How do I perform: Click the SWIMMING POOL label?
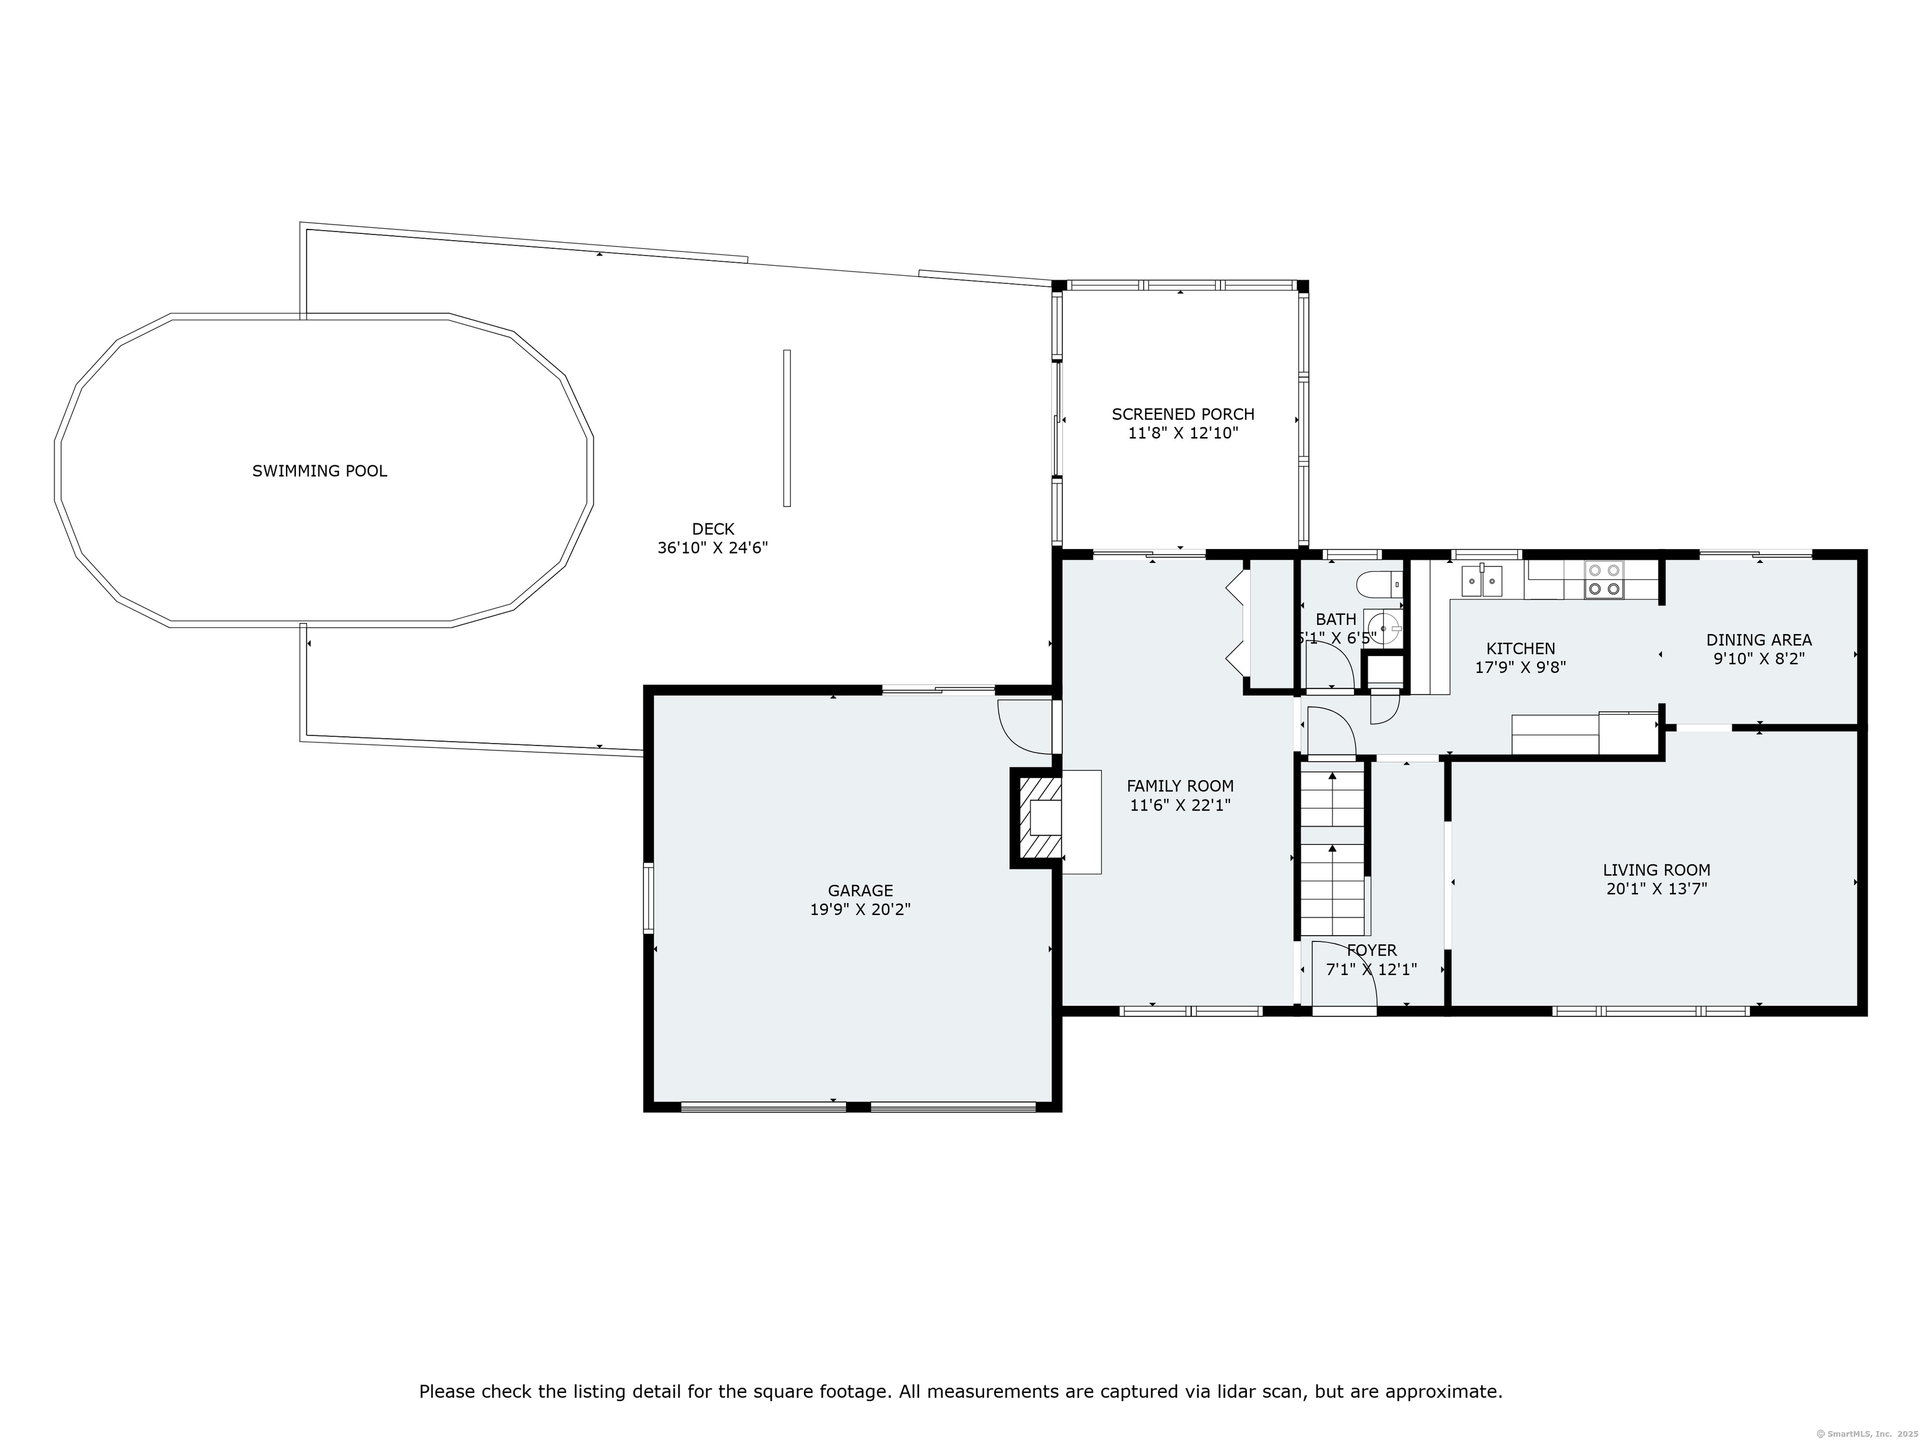tap(319, 471)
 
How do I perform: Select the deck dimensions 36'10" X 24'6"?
tap(713, 548)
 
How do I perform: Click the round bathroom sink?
tap(1383, 626)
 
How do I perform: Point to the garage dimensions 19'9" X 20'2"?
tap(860, 909)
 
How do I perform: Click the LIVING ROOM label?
tap(1656, 869)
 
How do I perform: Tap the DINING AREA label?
tap(1759, 640)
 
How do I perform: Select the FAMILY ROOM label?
tap(1179, 786)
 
